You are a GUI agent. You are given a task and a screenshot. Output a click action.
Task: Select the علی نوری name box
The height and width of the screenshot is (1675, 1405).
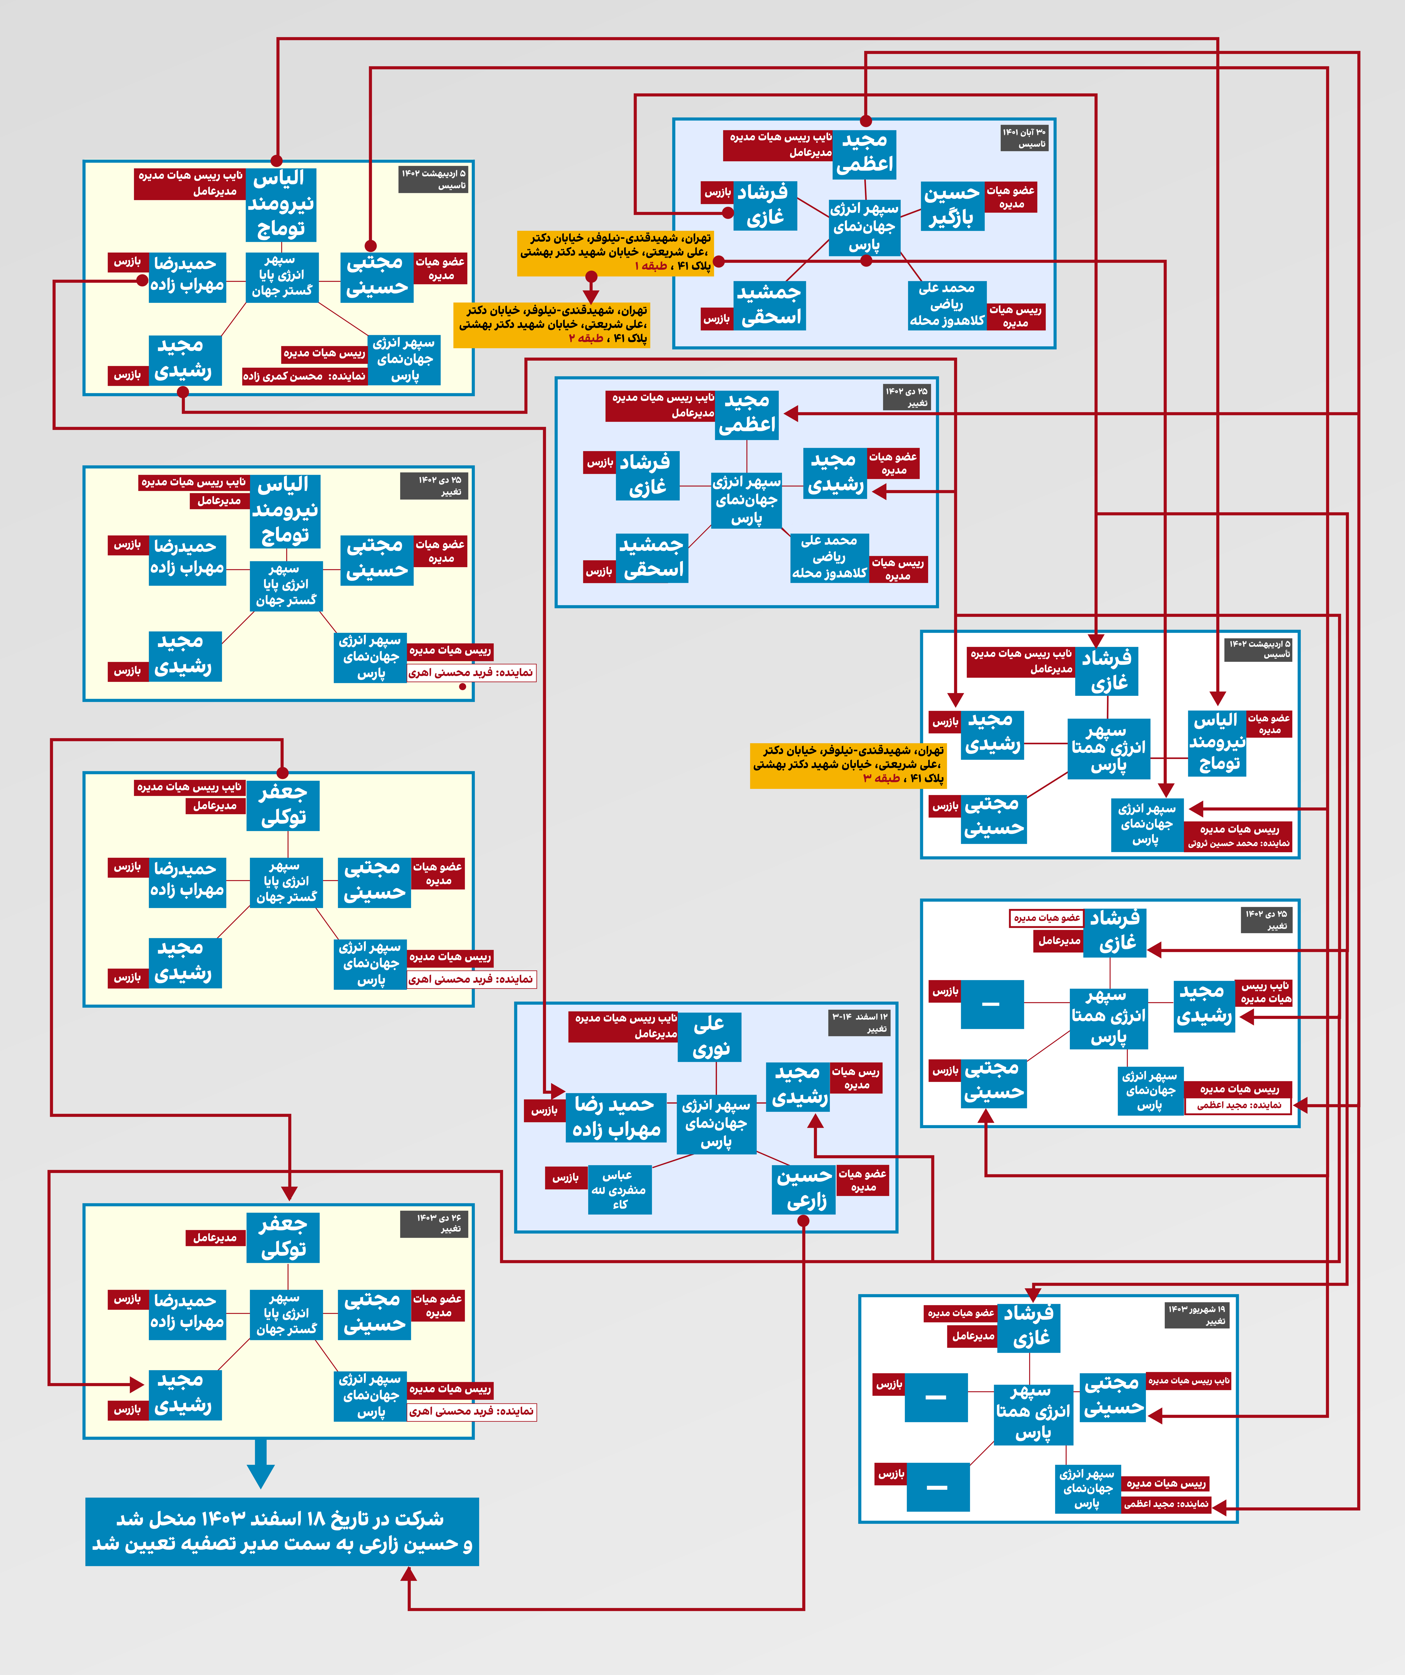coord(709,1037)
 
